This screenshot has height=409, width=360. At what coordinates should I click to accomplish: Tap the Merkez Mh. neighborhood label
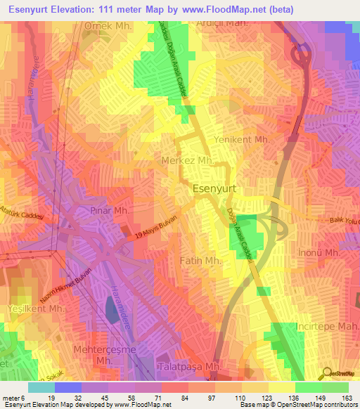pyautogui.click(x=186, y=161)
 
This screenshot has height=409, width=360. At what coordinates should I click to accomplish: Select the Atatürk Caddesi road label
pyautogui.click(x=22, y=223)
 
